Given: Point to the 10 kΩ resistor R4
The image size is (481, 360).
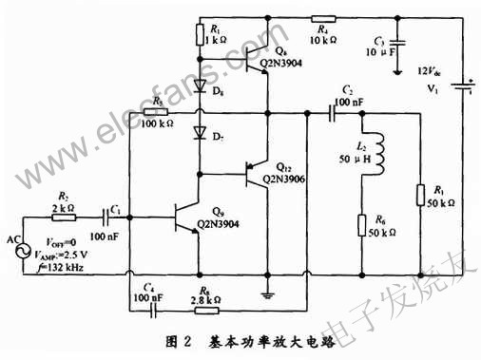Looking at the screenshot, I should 323,18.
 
